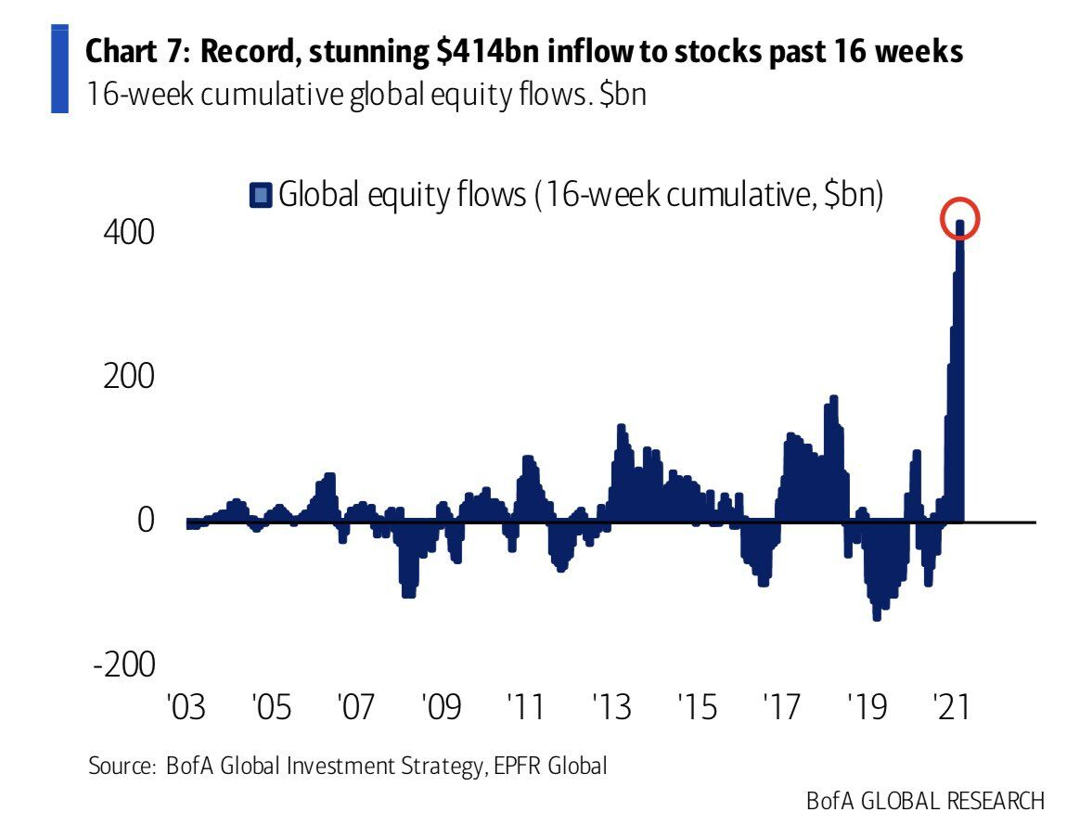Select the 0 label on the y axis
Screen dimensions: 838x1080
point(146,521)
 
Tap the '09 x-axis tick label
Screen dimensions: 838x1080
point(442,707)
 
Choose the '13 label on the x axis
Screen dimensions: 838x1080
point(611,707)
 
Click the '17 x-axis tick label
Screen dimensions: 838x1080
point(781,707)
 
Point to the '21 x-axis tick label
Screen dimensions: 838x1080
point(950,707)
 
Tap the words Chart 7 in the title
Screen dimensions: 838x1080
point(137,53)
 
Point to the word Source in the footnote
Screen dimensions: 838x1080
point(120,767)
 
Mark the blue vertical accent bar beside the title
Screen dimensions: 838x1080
point(60,71)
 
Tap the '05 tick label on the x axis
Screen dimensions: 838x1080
point(271,707)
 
